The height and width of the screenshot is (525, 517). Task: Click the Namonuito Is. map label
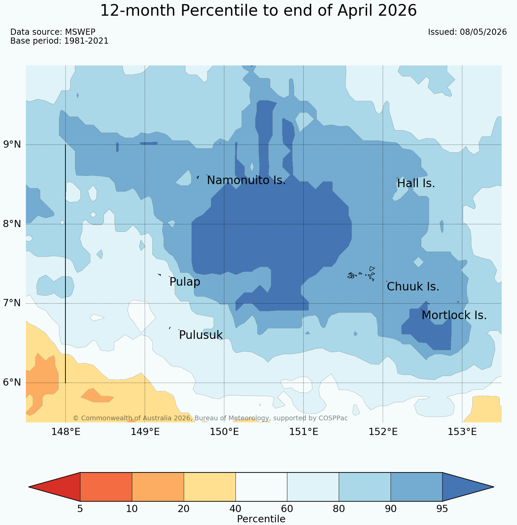coord(246,180)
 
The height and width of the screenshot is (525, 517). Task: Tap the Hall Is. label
coord(416,184)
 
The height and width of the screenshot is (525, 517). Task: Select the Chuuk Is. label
coord(413,287)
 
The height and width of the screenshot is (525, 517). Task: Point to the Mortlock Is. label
coord(454,315)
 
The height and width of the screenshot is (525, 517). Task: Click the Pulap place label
coord(185,282)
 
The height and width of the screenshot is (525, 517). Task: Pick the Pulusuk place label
coord(201,335)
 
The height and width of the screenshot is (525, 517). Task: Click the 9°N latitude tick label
coord(12,145)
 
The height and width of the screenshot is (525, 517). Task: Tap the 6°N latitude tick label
coord(12,382)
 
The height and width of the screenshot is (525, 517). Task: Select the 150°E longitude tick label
coord(224,432)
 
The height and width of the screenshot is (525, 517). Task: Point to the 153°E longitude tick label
coord(462,432)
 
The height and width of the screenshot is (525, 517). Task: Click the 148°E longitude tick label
coord(66,432)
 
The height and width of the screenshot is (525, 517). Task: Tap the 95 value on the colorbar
coord(442,509)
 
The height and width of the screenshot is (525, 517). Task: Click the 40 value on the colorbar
coord(235,509)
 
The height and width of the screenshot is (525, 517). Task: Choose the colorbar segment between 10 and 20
coord(158,487)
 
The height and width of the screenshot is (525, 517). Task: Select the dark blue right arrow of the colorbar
coord(468,487)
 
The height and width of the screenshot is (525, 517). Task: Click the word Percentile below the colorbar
coord(261,519)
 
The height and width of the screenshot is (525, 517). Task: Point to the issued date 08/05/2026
coord(483,32)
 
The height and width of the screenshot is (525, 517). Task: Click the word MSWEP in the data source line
coord(80,32)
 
